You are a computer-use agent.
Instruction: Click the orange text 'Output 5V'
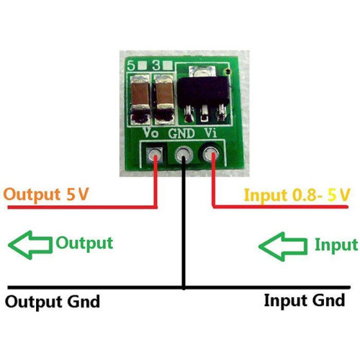[46, 194]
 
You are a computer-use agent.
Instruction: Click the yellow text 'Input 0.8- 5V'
[297, 195]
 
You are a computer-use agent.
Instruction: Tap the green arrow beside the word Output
[30, 245]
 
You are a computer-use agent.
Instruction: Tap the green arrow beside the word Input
[283, 246]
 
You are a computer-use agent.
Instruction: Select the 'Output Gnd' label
[53, 302]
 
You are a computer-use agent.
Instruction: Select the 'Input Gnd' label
[305, 300]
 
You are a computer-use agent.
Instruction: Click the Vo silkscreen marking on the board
[150, 132]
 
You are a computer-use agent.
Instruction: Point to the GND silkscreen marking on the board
[181, 133]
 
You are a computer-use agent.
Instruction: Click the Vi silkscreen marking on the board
[210, 132]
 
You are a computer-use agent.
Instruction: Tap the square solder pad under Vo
[154, 156]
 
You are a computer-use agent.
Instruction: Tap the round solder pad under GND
[184, 155]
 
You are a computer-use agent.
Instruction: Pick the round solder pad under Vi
[211, 153]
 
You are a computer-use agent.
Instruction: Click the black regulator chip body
[203, 91]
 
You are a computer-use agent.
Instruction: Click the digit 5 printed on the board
[131, 66]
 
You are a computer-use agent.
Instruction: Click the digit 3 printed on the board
[156, 65]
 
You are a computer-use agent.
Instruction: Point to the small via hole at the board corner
[227, 71]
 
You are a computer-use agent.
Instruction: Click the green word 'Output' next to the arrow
[84, 243]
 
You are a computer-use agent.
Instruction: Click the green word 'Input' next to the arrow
[336, 246]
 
